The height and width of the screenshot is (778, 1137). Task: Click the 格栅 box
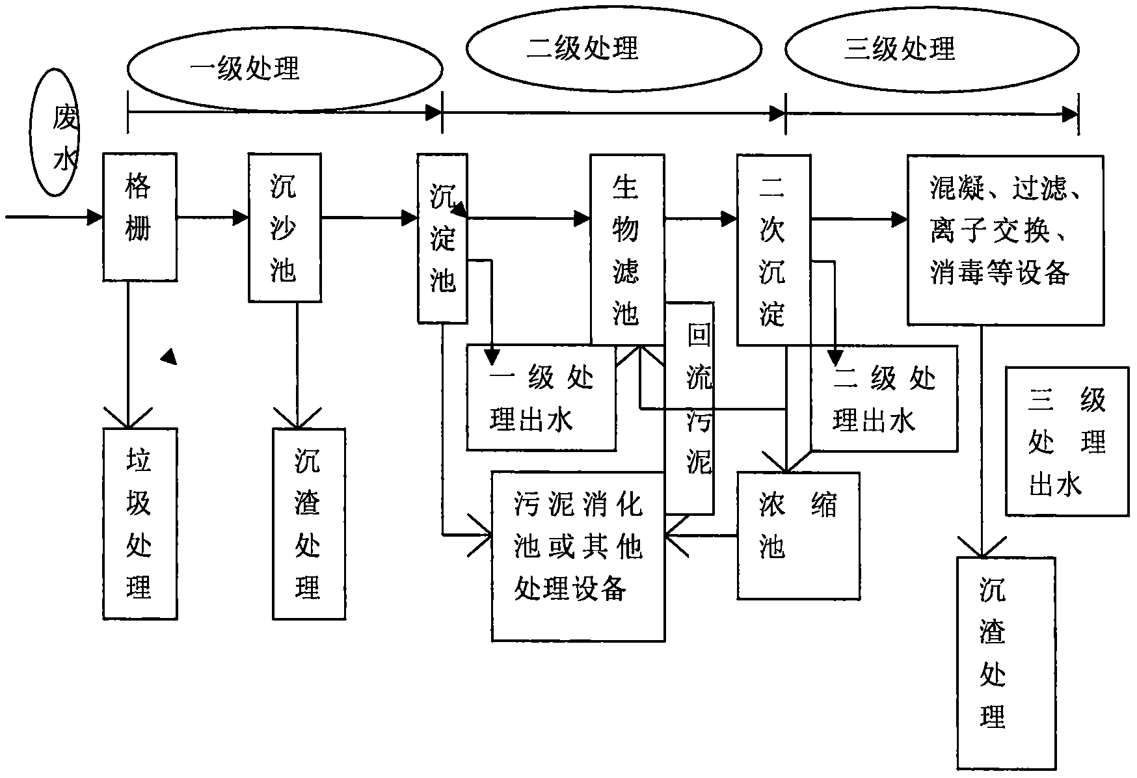pos(140,217)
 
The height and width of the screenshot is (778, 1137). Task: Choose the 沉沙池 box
pos(285,228)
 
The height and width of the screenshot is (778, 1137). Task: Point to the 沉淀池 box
pos(442,238)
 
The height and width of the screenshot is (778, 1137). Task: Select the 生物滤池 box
pos(627,249)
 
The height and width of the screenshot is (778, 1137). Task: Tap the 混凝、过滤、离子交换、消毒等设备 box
pos(1005,239)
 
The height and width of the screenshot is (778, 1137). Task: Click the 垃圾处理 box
pos(140,523)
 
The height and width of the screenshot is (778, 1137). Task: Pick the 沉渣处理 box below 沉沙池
pos(308,523)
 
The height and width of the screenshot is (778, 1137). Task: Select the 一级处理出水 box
pos(541,397)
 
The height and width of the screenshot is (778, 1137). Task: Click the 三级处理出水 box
pos(1067,441)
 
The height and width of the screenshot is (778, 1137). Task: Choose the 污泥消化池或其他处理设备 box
pos(578,556)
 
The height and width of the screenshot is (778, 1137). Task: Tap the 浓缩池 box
pos(798,535)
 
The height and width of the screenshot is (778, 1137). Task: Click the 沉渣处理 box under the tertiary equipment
pos(1005,663)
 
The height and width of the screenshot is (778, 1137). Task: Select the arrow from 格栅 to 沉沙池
pos(213,217)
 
